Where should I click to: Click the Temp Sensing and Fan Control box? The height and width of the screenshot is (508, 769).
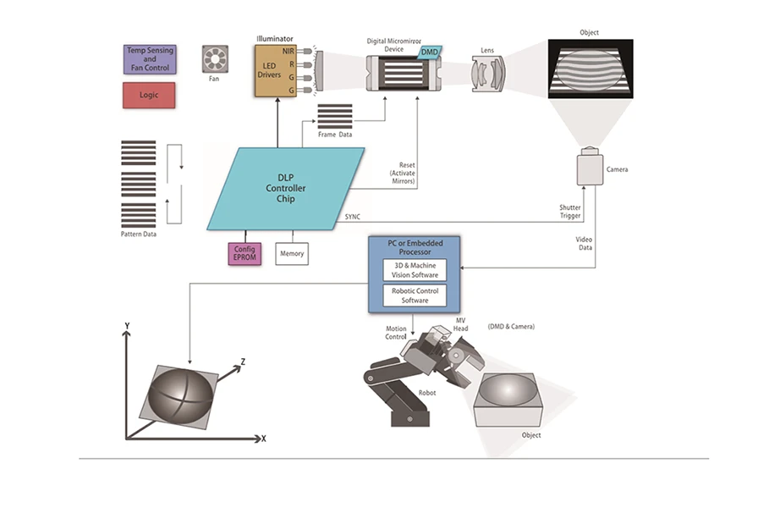coord(150,58)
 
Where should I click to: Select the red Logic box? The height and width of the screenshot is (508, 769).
coord(150,95)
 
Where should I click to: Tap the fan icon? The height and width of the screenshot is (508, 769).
coord(214,58)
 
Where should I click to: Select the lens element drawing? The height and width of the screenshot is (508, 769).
coord(489,75)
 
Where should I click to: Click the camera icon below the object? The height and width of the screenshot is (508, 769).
coord(589,168)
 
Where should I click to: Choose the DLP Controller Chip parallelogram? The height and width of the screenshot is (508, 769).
coord(286,188)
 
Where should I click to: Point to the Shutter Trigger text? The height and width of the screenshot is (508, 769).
coord(569,211)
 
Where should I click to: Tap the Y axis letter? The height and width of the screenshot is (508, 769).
coord(126,325)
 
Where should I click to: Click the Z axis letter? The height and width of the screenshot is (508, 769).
coord(243,362)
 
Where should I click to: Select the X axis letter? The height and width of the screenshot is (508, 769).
coord(264,439)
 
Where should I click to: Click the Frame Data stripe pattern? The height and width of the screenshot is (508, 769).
coord(335,116)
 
